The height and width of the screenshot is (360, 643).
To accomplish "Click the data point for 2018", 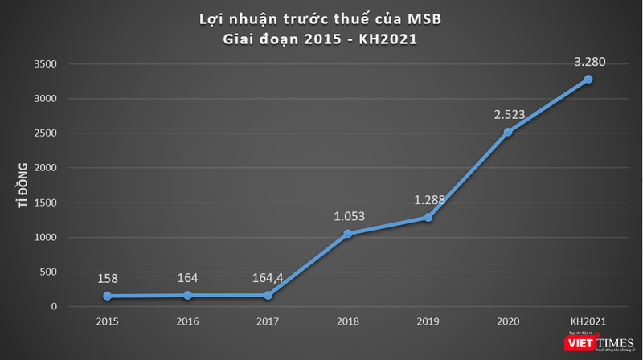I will (347, 234).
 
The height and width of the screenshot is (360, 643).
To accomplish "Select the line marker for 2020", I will (508, 132).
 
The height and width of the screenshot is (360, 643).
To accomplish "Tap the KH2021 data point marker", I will (588, 79).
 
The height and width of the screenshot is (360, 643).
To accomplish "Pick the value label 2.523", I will (509, 114).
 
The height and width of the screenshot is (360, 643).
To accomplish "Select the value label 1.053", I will (348, 215).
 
